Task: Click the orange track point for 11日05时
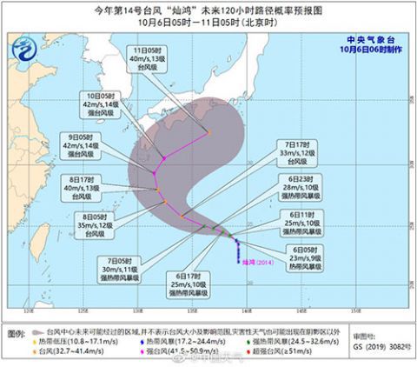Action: click(208, 132)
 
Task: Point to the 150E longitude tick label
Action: click(354, 311)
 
